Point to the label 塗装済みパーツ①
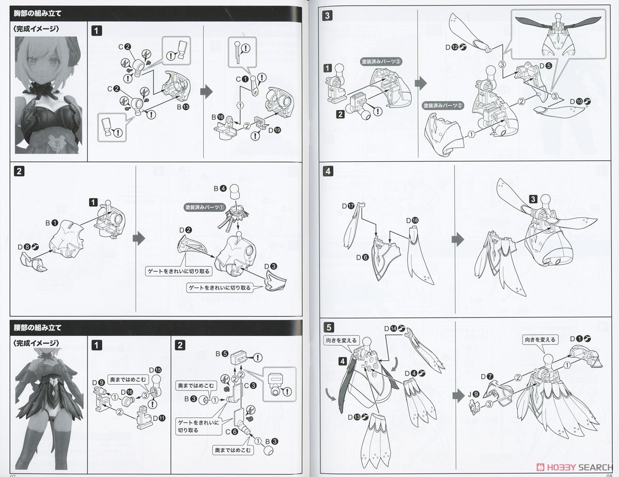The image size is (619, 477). [x=205, y=207]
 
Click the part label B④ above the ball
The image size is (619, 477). [x=220, y=188]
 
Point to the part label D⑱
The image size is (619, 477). [x=412, y=220]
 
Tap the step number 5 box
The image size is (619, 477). [x=330, y=326]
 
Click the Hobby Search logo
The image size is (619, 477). [x=565, y=466]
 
